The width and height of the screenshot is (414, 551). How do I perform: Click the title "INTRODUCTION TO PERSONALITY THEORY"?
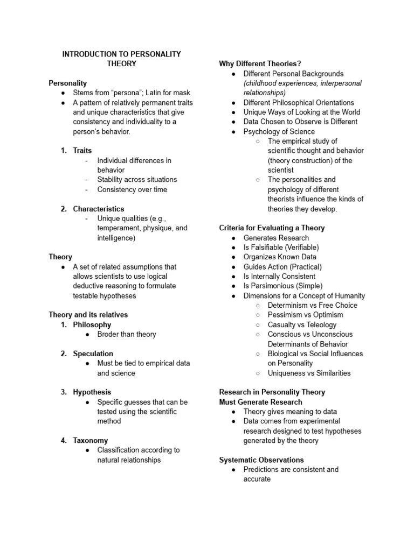[121, 59]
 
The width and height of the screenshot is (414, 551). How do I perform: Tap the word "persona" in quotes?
[127, 93]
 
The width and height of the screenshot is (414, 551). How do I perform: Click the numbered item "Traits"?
[82, 151]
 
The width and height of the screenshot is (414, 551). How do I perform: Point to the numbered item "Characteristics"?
[98, 209]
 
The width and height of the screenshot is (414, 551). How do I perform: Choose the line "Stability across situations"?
[137, 180]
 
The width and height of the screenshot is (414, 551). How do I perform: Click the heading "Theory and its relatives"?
[88, 315]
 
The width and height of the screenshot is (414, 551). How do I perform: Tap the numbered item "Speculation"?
[93, 354]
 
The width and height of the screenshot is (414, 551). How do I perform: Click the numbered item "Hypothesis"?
[92, 392]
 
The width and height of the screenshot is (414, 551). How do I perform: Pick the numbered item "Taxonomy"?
[90, 440]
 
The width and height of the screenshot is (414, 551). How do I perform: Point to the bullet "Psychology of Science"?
[279, 131]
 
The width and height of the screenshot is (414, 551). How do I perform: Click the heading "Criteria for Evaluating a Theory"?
[272, 228]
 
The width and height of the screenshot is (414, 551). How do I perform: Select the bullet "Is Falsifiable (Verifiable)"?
[281, 248]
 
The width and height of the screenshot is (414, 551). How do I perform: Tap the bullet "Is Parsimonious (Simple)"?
[282, 286]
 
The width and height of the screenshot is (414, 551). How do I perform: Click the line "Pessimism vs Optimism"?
[305, 315]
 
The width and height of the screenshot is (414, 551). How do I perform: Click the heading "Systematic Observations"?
[261, 460]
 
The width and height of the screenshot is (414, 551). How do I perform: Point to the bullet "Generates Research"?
[276, 238]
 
